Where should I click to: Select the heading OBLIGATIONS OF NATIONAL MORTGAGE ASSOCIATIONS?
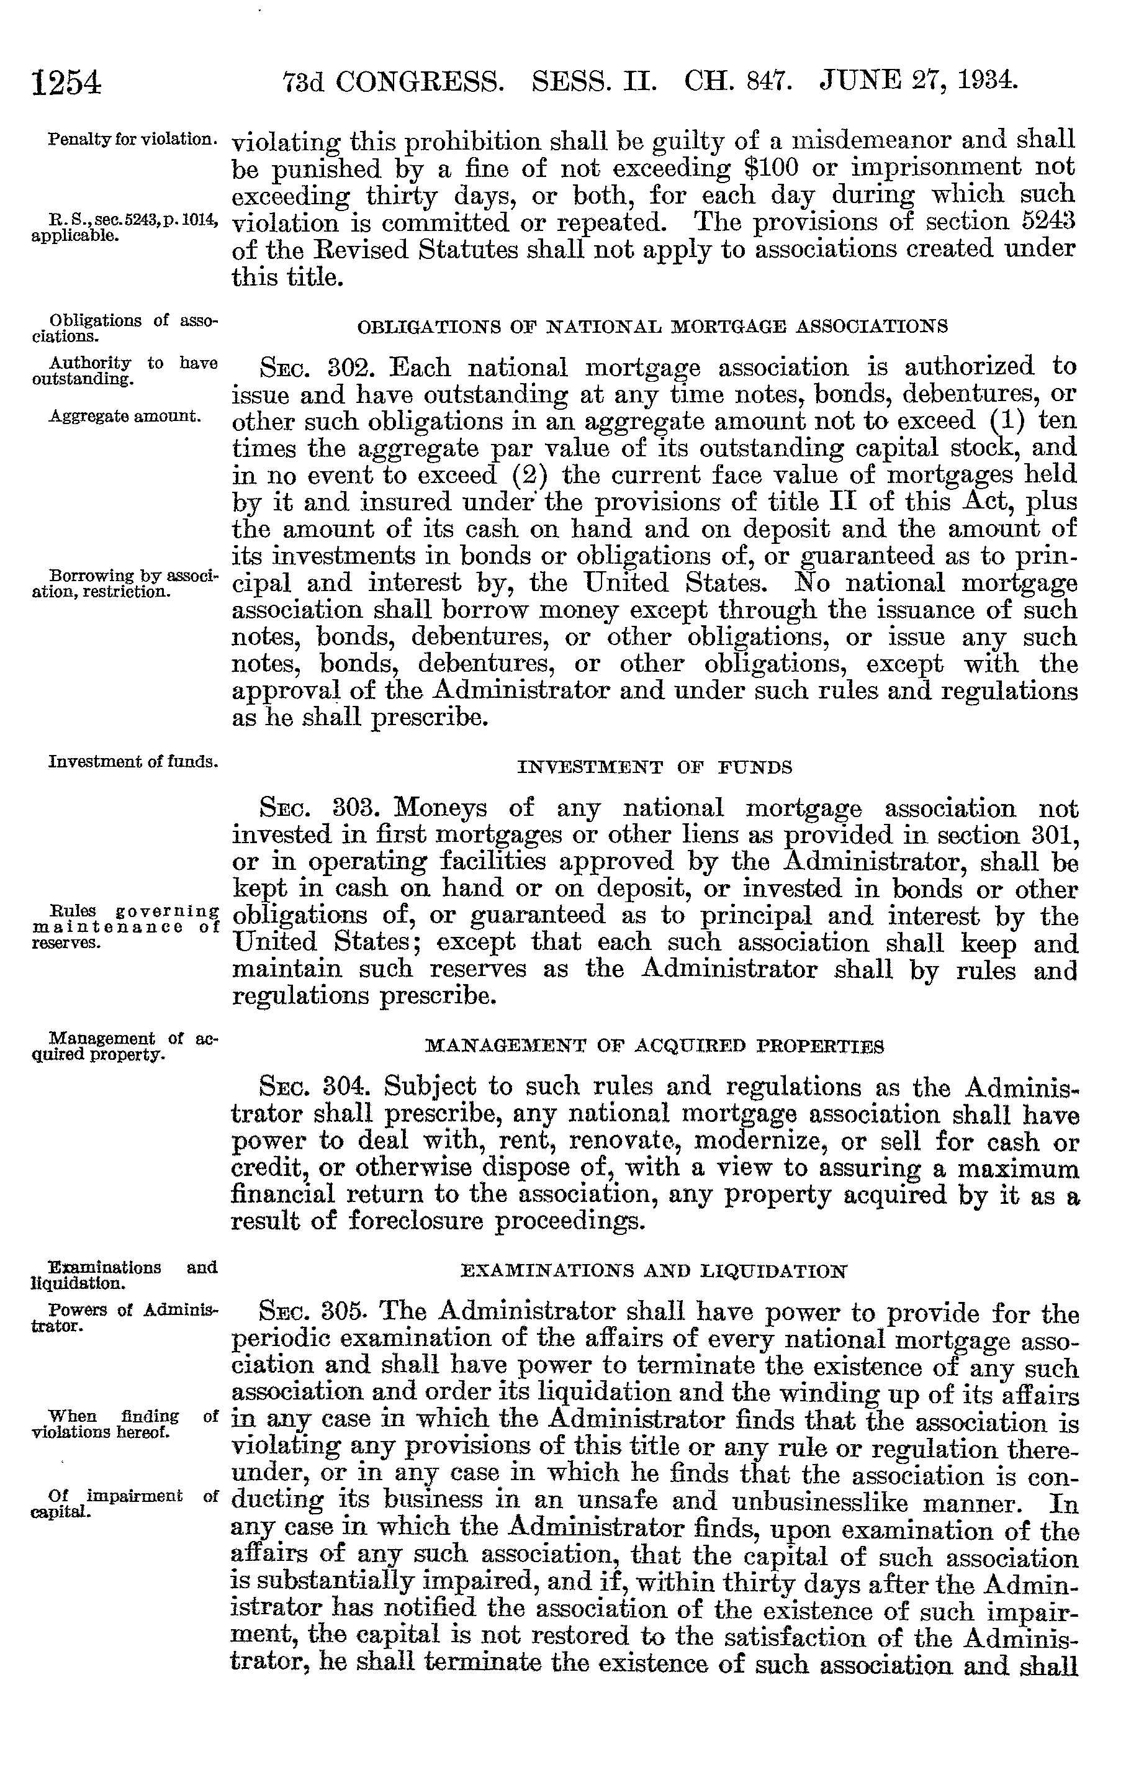pyautogui.click(x=652, y=326)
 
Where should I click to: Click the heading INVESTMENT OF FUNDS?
pyautogui.click(x=654, y=767)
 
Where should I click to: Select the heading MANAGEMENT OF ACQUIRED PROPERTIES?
pyautogui.click(x=654, y=1047)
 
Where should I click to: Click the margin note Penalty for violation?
pyautogui.click(x=132, y=140)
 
